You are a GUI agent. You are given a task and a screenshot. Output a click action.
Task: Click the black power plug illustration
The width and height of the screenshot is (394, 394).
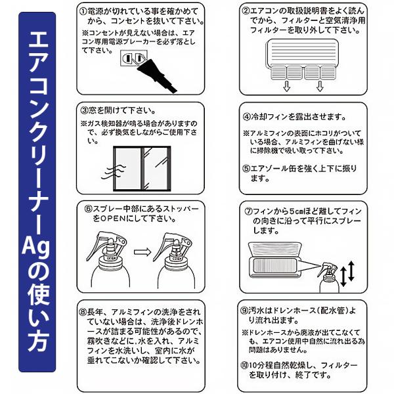[156, 76]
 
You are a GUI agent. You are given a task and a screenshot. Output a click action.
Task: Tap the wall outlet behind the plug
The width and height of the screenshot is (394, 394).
[134, 58]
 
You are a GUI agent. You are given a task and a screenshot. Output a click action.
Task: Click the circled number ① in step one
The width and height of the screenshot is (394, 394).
[83, 12]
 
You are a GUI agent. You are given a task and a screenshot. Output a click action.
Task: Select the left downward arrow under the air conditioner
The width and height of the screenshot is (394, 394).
[287, 86]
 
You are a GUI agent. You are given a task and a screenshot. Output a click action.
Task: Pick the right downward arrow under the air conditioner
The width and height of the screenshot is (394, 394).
[320, 86]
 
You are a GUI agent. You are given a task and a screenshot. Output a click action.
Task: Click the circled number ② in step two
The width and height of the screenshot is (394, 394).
[246, 11]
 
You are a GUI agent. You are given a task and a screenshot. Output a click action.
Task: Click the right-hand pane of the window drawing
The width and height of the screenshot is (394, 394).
[156, 169]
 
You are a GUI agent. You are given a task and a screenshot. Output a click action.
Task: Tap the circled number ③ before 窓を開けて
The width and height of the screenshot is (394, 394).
[84, 110]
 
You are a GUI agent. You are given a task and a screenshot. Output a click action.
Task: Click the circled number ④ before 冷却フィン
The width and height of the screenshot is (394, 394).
[247, 117]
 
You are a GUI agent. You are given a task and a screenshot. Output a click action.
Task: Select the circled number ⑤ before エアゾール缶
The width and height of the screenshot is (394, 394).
[246, 168]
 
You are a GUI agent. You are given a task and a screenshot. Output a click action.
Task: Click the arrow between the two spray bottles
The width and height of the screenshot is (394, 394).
[142, 252]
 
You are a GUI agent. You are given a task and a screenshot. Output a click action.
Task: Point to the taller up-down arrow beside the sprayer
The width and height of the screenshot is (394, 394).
[351, 271]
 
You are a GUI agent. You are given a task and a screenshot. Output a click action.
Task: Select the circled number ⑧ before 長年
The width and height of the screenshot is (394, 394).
[83, 312]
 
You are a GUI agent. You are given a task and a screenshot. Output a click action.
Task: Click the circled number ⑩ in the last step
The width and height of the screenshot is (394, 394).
[244, 365]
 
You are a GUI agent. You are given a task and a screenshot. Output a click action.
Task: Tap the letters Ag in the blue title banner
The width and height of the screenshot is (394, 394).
[36, 248]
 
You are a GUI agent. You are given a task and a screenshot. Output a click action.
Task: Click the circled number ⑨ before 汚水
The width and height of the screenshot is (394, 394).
[244, 311]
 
